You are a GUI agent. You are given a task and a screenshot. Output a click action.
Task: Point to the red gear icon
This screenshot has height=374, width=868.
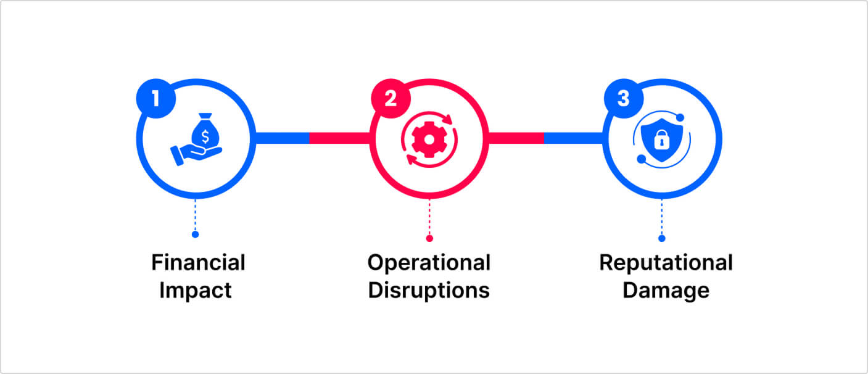pyautogui.click(x=428, y=139)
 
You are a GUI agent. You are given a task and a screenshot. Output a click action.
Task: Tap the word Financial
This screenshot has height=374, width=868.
pyautogui.click(x=198, y=262)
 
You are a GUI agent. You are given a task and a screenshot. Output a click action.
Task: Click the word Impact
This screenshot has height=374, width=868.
pyautogui.click(x=196, y=290)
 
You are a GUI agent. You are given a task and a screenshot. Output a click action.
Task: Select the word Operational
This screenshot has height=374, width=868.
pyautogui.click(x=429, y=262)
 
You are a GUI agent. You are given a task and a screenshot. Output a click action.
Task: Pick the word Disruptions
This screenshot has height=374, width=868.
pyautogui.click(x=429, y=290)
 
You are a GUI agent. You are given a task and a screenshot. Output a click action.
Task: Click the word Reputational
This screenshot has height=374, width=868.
pyautogui.click(x=666, y=262)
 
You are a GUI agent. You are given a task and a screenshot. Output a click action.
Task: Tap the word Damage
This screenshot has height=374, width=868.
pyautogui.click(x=666, y=290)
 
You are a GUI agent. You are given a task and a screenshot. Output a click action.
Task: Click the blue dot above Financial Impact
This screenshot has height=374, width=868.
pyautogui.click(x=195, y=235)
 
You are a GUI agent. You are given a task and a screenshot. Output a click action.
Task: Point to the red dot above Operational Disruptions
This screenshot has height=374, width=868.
pyautogui.click(x=429, y=238)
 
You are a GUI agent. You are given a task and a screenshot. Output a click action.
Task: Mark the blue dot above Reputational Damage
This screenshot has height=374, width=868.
pyautogui.click(x=662, y=238)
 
